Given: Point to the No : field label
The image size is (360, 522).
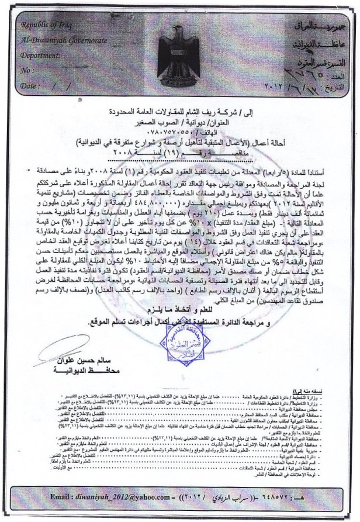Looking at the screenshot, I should pos(27,71).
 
